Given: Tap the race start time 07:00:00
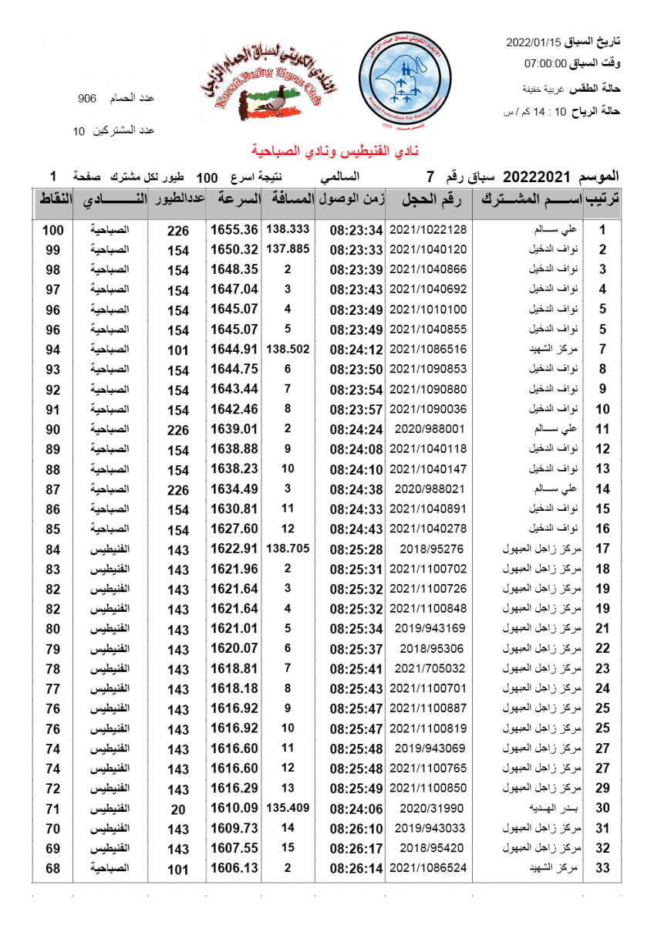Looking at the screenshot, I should pyautogui.click(x=545, y=63).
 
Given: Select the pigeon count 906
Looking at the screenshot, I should pyautogui.click(x=87, y=99).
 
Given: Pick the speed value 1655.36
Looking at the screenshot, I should pyautogui.click(x=234, y=230).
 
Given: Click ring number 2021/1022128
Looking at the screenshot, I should pyautogui.click(x=428, y=230).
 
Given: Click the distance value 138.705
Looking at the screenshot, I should pyautogui.click(x=288, y=549).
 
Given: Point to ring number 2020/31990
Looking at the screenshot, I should pyautogui.click(x=428, y=808).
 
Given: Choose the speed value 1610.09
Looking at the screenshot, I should pyautogui.click(x=234, y=808).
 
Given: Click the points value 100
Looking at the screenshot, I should pyautogui.click(x=52, y=230).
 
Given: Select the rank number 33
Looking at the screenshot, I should pyautogui.click(x=603, y=868).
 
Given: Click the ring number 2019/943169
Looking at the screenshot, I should pyautogui.click(x=428, y=628).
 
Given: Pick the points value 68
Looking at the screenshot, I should pyautogui.click(x=52, y=868).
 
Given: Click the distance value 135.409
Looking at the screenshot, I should pyautogui.click(x=288, y=807).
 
